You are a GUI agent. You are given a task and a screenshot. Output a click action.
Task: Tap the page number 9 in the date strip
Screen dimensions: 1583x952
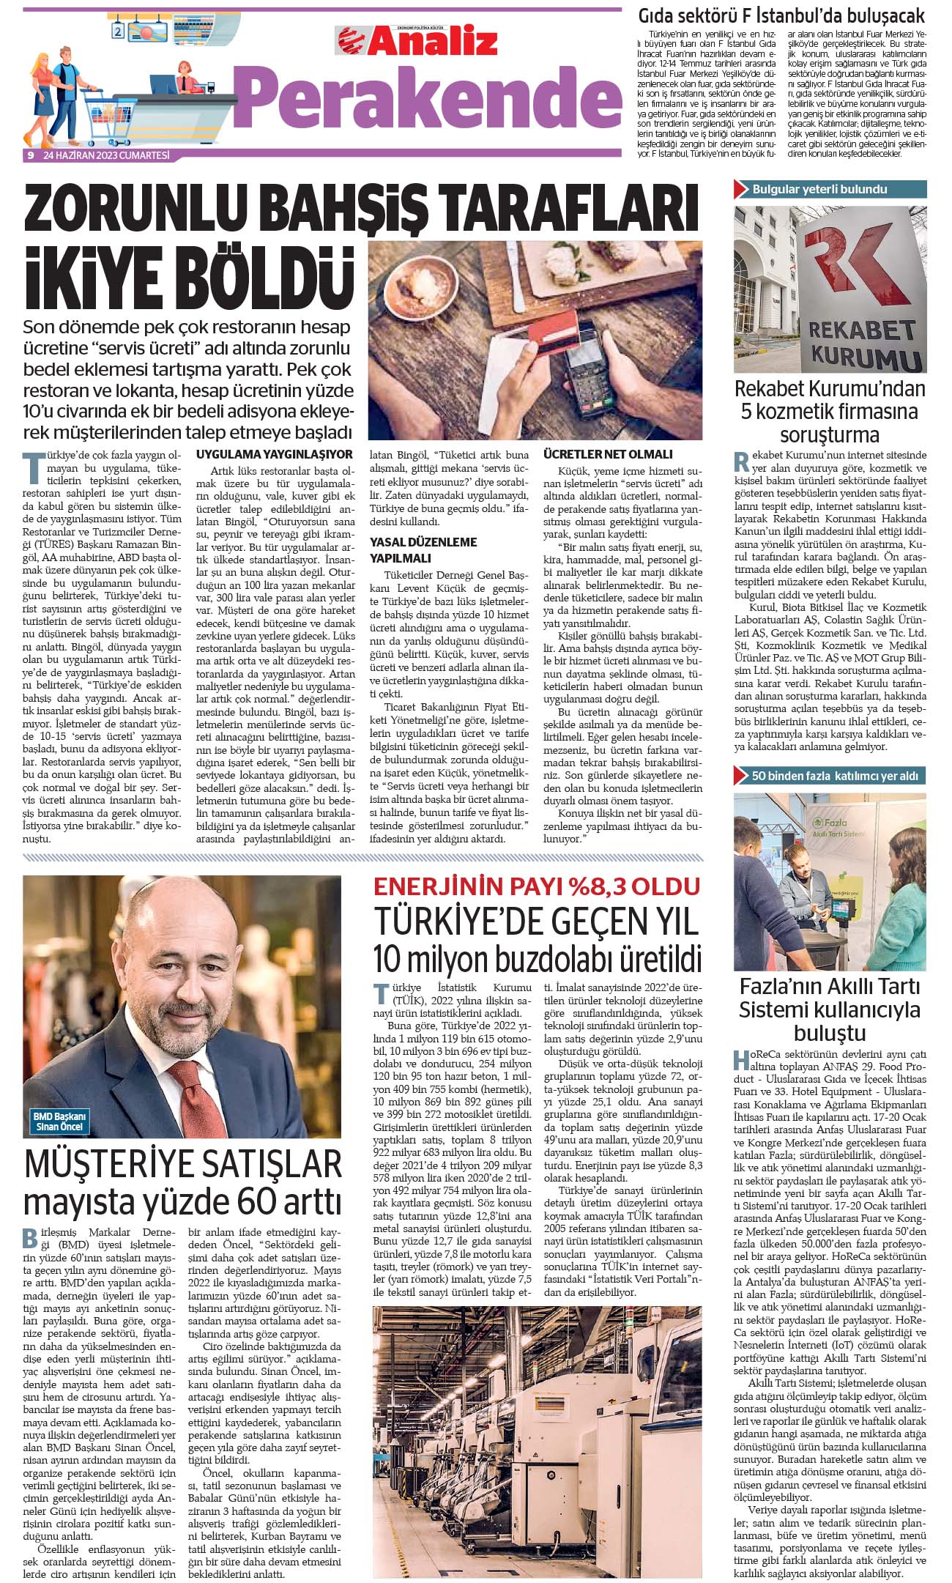[x=31, y=155]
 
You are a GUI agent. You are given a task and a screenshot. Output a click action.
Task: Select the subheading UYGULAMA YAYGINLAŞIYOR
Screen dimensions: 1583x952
[x=274, y=454]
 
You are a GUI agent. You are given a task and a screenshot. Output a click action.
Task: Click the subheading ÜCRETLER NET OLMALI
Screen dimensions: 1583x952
[x=608, y=454]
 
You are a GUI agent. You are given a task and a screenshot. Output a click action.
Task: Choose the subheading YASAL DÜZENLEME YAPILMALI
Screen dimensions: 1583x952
[x=423, y=549]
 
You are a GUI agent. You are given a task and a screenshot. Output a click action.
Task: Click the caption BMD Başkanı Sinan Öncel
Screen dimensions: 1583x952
[x=59, y=1122]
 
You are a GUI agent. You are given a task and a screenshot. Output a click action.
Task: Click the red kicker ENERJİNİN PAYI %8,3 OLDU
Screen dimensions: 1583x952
[x=537, y=886]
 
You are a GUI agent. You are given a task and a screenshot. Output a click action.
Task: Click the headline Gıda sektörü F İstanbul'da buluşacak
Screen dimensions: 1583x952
[x=781, y=15]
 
